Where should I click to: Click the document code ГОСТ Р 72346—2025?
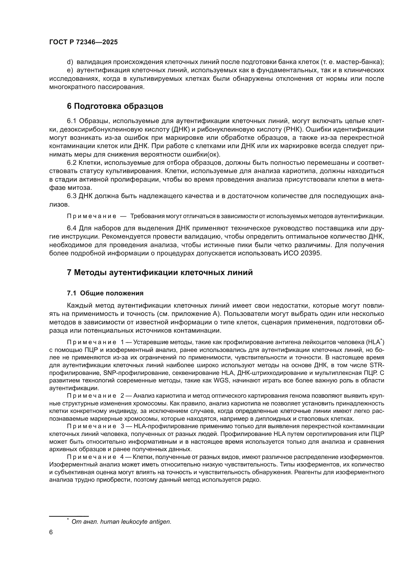click(83, 42)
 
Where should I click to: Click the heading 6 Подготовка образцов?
click(115, 106)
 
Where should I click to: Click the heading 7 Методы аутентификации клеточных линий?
click(160, 272)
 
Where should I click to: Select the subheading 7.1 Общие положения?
click(105, 293)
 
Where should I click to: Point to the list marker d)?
click(70, 62)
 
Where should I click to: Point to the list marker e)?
click(70, 70)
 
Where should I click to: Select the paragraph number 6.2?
click(72, 163)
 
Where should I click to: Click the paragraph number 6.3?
click(72, 196)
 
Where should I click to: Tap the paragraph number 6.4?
click(72, 228)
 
